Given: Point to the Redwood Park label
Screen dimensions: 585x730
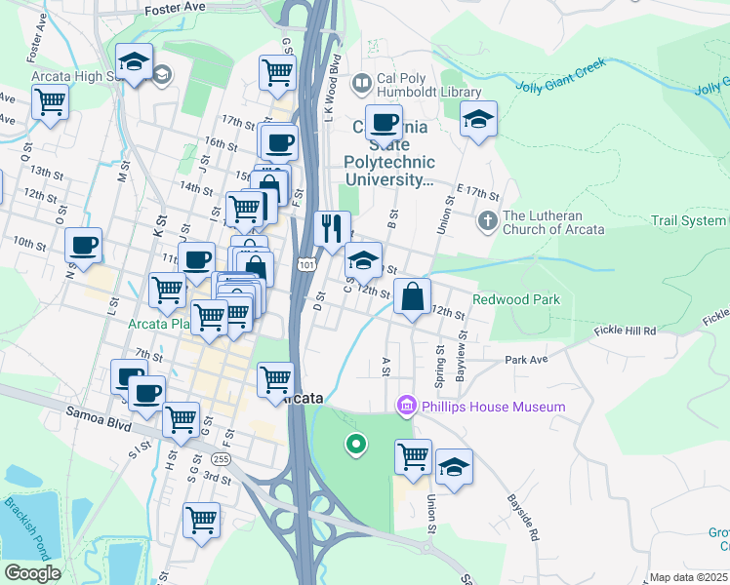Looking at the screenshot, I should pos(516,299).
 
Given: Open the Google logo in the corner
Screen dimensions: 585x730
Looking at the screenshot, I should pos(31,573).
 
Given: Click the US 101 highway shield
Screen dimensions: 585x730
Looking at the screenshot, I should pos(307,265).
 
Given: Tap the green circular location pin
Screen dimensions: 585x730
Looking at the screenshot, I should pos(356,446).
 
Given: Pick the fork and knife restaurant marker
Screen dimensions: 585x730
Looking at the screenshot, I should pos(332,228).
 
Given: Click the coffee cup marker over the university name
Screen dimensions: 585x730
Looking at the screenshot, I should pos(384,124).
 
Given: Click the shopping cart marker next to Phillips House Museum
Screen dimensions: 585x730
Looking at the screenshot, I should pos(414,454).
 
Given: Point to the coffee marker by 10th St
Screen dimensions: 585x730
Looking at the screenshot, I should pos(84,244).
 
